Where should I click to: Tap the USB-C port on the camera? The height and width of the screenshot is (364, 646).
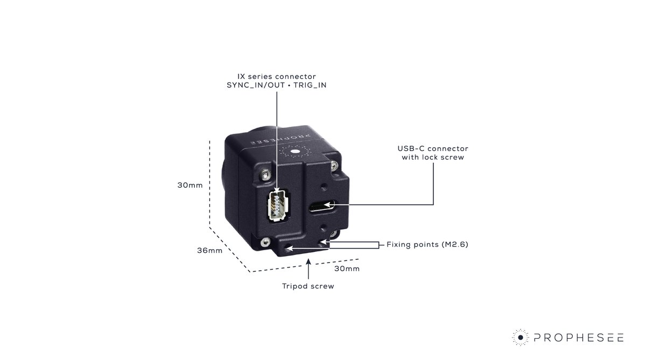(322, 205)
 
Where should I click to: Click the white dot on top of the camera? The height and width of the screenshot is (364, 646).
(295, 152)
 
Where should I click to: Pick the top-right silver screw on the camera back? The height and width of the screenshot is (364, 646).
(336, 165)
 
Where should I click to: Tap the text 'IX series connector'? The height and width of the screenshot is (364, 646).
(276, 77)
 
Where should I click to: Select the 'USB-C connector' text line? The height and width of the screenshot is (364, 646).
(433, 148)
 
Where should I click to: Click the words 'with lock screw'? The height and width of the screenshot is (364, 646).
(433, 157)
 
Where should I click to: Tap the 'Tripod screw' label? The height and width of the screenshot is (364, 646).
(308, 286)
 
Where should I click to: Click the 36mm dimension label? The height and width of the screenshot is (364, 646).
(210, 251)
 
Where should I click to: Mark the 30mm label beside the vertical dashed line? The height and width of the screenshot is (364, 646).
(190, 186)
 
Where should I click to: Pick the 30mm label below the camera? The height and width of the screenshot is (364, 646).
(347, 269)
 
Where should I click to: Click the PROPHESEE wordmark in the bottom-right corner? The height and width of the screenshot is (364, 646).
(579, 338)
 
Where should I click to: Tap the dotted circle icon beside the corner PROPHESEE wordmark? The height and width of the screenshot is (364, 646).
(521, 338)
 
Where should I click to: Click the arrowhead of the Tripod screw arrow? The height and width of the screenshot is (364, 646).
(308, 262)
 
